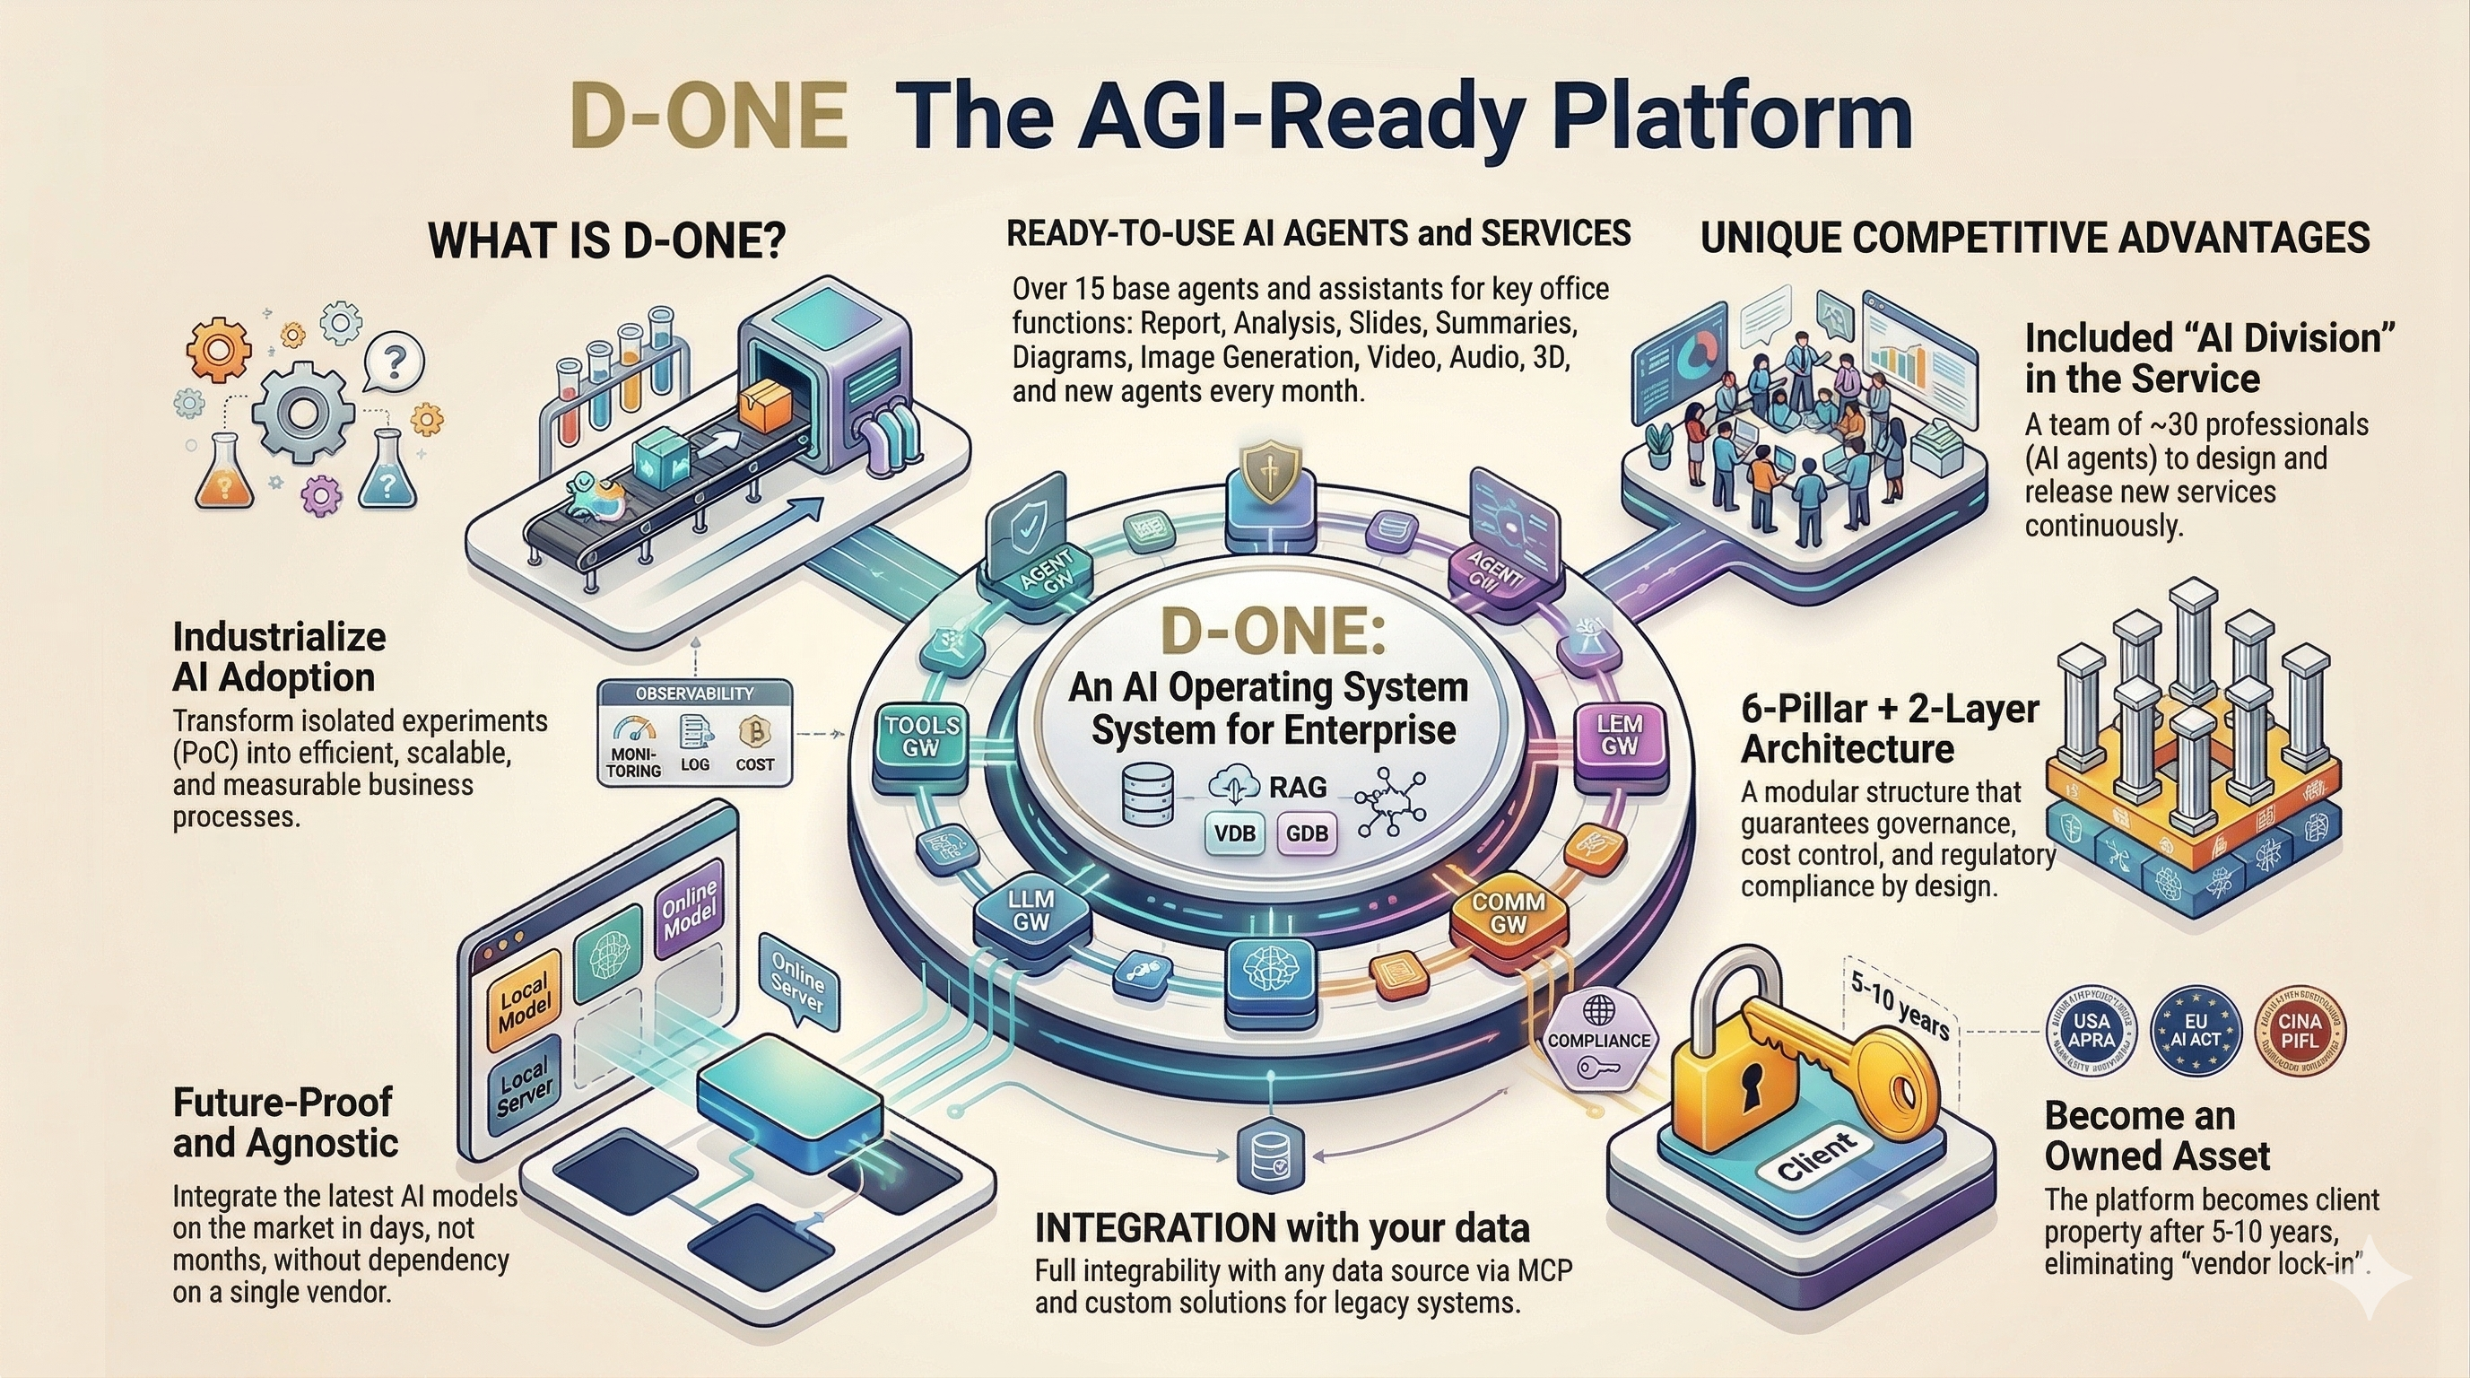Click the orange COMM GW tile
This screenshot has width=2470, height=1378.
1509,913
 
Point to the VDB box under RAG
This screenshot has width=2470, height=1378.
1235,833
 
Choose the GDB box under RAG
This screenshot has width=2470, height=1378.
1307,833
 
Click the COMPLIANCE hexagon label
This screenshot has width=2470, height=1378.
1598,1042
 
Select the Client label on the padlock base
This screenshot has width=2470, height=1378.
1816,1158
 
